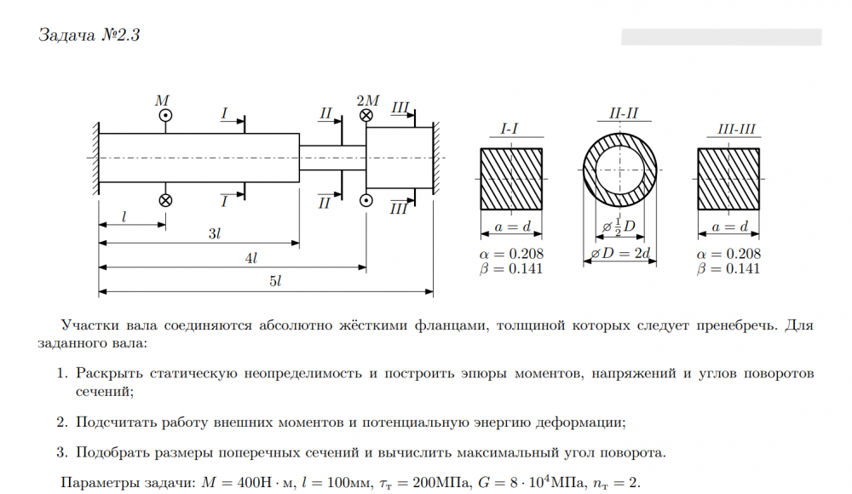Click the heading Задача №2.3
pos(89,35)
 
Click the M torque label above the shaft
pos(162,101)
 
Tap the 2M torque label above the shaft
pos(367,101)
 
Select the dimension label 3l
pos(216,233)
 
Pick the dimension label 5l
pos(274,281)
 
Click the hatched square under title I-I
pos(512,179)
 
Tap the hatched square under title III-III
pos(728,179)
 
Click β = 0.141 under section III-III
pos(728,269)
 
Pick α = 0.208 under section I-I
pos(512,254)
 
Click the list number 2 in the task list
pos(62,422)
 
